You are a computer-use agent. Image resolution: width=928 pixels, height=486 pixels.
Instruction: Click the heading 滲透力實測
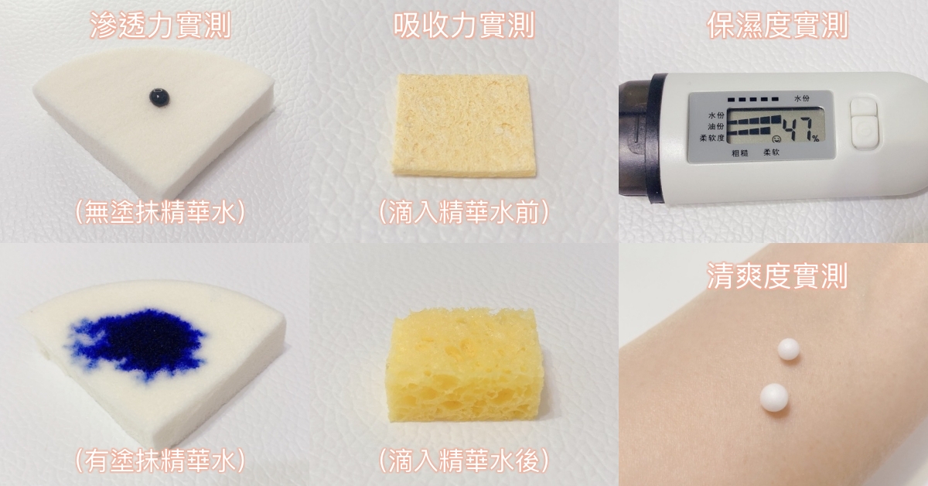pyautogui.click(x=160, y=26)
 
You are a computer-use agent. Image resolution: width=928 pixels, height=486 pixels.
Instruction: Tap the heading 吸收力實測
pyautogui.click(x=464, y=26)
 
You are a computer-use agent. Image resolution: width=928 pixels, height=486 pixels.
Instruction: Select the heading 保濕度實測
pyautogui.click(x=777, y=26)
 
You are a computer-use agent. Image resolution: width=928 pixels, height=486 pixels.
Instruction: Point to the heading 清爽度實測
pyautogui.click(x=777, y=276)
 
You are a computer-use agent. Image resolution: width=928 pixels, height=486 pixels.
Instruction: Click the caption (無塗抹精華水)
pyautogui.click(x=160, y=213)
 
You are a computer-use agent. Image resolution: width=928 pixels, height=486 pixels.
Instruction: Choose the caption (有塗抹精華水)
pyautogui.click(x=160, y=460)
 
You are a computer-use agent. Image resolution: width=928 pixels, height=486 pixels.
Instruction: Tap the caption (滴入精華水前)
pyautogui.click(x=464, y=213)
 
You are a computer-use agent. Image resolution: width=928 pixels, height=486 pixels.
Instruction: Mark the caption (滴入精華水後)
pyautogui.click(x=464, y=460)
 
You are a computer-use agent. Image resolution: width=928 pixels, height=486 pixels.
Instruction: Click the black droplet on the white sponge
pyautogui.click(x=159, y=97)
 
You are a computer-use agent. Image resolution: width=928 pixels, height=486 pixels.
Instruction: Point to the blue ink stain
pyautogui.click(x=137, y=343)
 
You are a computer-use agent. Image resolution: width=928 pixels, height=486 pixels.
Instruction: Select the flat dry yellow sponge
pyautogui.click(x=463, y=125)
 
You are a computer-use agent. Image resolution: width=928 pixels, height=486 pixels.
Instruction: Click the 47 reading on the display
pyautogui.click(x=798, y=128)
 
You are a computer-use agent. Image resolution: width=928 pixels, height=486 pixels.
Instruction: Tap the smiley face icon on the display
pyautogui.click(x=776, y=138)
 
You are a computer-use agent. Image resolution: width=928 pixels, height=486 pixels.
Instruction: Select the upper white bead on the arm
pyautogui.click(x=788, y=349)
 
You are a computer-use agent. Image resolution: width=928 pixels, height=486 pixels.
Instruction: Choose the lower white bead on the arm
pyautogui.click(x=774, y=398)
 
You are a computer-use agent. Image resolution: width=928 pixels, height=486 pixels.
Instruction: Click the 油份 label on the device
pyautogui.click(x=716, y=126)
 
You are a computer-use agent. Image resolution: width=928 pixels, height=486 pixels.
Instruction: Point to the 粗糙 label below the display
pyautogui.click(x=740, y=153)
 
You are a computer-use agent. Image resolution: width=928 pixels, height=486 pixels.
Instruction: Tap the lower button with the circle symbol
pyautogui.click(x=865, y=132)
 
